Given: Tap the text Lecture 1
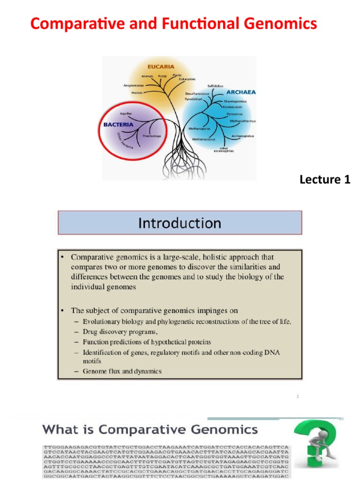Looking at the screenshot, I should tap(325, 180).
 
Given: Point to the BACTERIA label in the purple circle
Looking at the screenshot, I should tap(119, 125).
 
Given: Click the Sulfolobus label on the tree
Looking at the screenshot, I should tap(216, 86).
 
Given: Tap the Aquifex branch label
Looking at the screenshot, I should tap(126, 114).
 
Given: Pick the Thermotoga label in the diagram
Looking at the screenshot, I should tap(151, 136).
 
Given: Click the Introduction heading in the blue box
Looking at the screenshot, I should tap(180, 223).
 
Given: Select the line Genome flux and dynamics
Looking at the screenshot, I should tap(122, 371).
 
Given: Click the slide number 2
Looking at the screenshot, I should tap(297, 397).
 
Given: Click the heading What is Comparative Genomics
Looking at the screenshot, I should tap(150, 429).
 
